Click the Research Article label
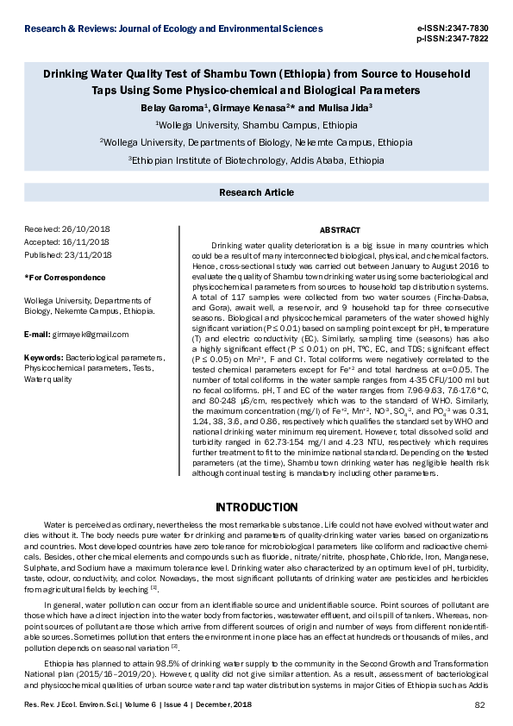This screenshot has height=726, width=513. [256, 194]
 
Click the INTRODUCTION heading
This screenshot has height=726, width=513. [256, 506]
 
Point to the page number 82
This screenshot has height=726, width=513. [481, 706]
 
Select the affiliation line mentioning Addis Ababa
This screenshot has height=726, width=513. [256, 160]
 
